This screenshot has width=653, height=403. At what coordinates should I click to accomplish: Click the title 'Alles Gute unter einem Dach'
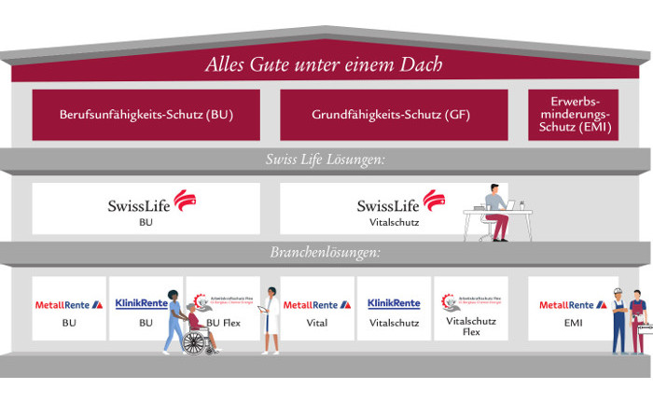[325, 66]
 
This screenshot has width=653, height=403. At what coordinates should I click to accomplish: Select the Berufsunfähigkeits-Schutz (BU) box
[146, 115]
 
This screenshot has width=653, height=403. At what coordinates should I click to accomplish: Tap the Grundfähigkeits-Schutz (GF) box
[393, 115]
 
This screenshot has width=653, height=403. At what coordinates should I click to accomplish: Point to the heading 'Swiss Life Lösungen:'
[326, 160]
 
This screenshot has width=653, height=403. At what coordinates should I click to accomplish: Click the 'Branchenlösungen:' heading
[326, 253]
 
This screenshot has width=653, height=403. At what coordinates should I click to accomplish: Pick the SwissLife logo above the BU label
[146, 203]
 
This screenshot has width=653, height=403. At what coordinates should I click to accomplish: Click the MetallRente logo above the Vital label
[317, 304]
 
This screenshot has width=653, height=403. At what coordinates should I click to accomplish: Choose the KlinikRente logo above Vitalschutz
[394, 304]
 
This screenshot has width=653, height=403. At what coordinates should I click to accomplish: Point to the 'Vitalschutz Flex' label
[470, 326]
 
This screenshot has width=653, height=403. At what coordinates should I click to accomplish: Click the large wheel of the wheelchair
[195, 342]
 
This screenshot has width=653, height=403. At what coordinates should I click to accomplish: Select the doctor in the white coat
[270, 320]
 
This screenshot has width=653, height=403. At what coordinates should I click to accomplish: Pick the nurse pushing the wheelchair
[173, 317]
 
